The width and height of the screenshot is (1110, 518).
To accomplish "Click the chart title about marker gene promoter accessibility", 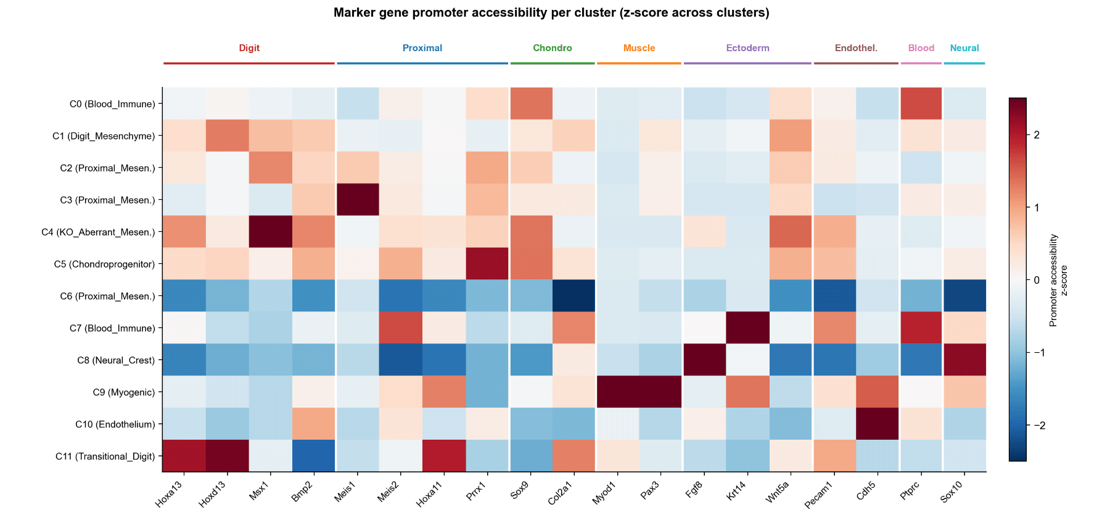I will (551, 13).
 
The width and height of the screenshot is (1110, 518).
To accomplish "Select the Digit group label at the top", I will (249, 48).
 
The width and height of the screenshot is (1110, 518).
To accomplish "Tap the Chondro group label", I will (553, 48).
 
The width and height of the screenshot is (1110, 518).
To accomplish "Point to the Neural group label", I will (964, 48).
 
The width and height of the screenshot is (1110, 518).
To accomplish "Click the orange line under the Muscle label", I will (639, 63).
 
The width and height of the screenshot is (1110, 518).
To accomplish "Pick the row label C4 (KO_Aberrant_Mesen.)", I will (98, 232).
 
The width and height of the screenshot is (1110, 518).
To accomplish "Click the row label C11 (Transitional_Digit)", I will (105, 456).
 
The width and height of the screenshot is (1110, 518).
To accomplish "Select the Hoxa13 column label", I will (169, 494).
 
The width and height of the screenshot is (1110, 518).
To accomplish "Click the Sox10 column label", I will (952, 492).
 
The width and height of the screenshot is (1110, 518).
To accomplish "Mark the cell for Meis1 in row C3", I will (358, 200).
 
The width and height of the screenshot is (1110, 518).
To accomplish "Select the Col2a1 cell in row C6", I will (574, 296).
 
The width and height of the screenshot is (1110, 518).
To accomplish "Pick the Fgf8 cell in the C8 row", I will (704, 360).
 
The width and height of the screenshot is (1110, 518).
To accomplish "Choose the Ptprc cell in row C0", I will (921, 104).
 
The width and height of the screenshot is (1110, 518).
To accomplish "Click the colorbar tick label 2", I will (1037, 135).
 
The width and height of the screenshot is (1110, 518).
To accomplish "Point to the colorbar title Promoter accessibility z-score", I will (1058, 280).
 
